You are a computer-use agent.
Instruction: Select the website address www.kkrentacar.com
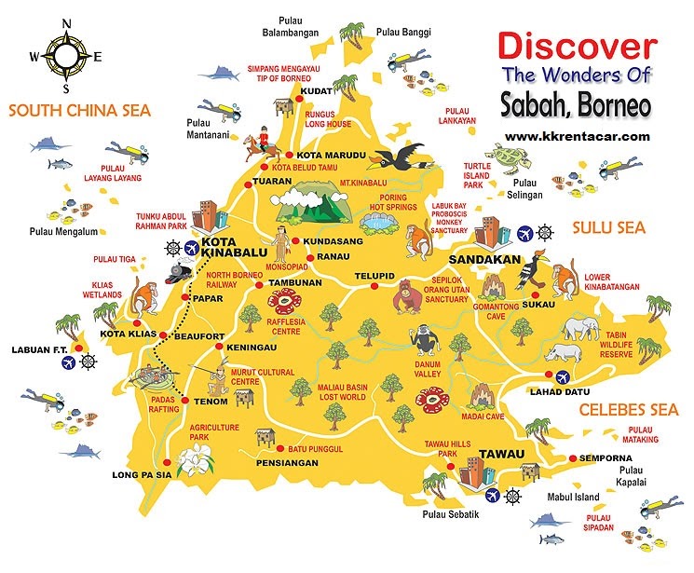pyautogui.click(x=577, y=136)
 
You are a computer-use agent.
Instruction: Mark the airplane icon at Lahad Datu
pyautogui.click(x=563, y=377)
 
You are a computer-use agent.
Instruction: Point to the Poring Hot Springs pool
pyautogui.click(x=380, y=223)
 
